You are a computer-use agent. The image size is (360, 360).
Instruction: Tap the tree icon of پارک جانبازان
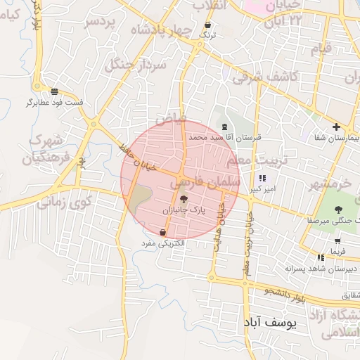[x=184, y=200]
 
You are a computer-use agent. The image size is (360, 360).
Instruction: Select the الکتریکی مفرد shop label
[x=163, y=243]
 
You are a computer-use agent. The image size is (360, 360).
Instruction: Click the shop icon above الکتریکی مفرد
[x=163, y=231]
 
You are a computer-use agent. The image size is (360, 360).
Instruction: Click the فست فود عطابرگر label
[x=55, y=103]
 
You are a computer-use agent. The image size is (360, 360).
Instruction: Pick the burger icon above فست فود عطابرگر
[x=55, y=91]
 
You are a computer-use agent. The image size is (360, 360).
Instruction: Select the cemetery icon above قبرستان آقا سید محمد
[x=225, y=127]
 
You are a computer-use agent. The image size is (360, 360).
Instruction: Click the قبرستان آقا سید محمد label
[x=228, y=138]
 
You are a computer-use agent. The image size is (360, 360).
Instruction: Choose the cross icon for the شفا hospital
[x=336, y=127]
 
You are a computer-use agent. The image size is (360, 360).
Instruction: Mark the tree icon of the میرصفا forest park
[x=338, y=209]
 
